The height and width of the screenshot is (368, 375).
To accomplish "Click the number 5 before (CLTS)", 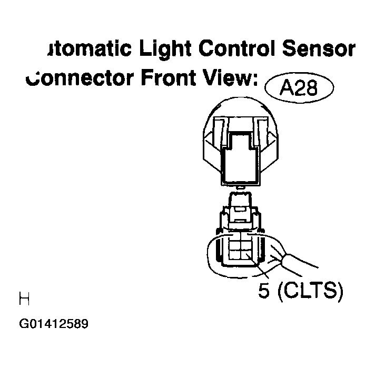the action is pyautogui.click(x=265, y=290).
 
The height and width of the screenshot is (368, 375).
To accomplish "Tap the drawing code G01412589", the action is pyautogui.click(x=54, y=323).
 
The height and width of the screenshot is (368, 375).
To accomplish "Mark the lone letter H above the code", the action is pyautogui.click(x=24, y=300).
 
